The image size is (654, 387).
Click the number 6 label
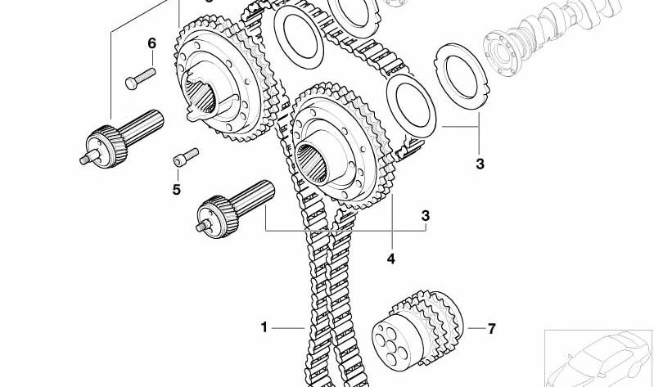pyautogui.click(x=151, y=43)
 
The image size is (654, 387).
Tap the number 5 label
pyautogui.click(x=177, y=190)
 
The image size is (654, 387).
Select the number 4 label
pyautogui.click(x=390, y=259)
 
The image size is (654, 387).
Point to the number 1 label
pyautogui.click(x=264, y=327)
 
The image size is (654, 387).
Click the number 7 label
pyautogui.click(x=492, y=329)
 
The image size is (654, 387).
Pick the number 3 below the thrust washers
pyautogui.click(x=480, y=164)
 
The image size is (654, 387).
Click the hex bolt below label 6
pyautogui.click(x=141, y=79)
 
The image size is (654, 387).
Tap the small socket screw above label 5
pyautogui.click(x=186, y=158)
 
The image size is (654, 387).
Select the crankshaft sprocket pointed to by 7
pyautogui.click(x=417, y=329)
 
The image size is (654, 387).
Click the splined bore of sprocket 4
pyautogui.click(x=312, y=163)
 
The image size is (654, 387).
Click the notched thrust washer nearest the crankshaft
pyautogui.click(x=461, y=76)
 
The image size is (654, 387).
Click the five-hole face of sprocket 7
pyautogui.click(x=391, y=344)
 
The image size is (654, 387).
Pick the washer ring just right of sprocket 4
pyautogui.click(x=411, y=106)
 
